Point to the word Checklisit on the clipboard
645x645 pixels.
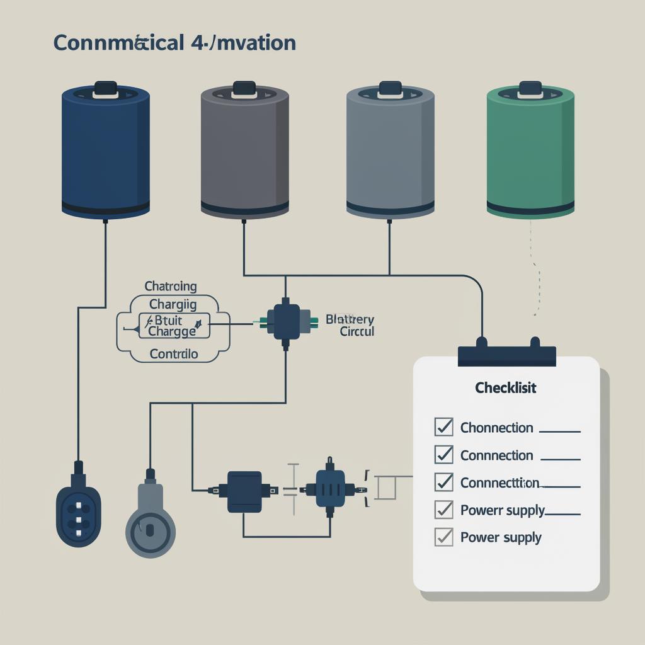(506, 388)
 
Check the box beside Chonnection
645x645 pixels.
(444, 427)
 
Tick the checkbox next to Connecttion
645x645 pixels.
(444, 482)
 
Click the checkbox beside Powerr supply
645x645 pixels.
(444, 509)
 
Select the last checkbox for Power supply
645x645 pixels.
(444, 537)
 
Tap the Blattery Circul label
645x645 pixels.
(350, 325)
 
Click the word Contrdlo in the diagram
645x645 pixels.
(174, 354)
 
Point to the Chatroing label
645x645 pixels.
(171, 287)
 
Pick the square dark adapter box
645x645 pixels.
(244, 491)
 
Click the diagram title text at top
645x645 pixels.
(174, 43)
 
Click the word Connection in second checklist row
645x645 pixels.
(497, 455)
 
